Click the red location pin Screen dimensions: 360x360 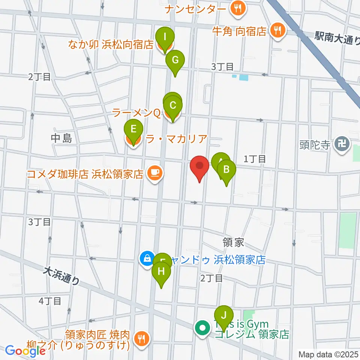(199, 166)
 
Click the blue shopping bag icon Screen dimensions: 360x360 (147, 259)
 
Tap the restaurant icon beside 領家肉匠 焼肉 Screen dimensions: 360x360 (141, 339)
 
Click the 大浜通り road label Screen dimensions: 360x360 (61, 276)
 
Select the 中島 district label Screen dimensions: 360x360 (61, 139)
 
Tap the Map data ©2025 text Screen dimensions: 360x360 (328, 354)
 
